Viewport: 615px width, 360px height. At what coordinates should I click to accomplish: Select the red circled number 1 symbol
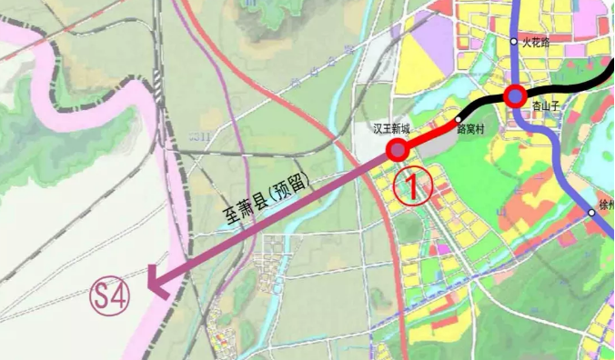pyautogui.click(x=411, y=186)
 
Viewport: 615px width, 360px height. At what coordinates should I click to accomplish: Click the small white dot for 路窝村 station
pyautogui.click(x=459, y=119)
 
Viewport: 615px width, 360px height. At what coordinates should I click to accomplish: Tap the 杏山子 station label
pyautogui.click(x=545, y=106)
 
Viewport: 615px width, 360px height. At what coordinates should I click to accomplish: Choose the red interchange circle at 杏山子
pyautogui.click(x=516, y=95)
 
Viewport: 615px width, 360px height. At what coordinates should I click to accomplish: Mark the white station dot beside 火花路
pyautogui.click(x=514, y=41)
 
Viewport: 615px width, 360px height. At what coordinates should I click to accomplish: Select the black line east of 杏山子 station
pyautogui.click(x=573, y=86)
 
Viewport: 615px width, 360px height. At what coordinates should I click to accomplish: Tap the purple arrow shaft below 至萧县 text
pyautogui.click(x=273, y=218)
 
